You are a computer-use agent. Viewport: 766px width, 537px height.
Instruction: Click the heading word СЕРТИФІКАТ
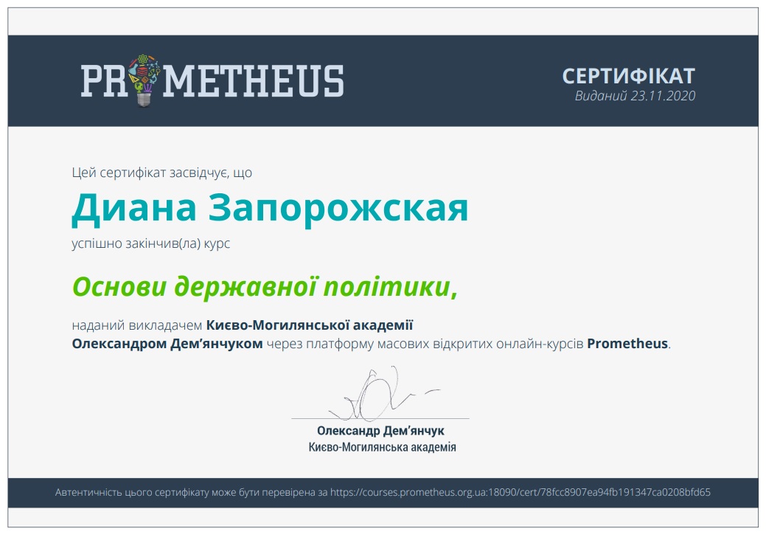628,76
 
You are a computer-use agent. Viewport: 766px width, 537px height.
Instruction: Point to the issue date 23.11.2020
663,96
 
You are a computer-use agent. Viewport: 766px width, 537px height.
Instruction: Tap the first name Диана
134,208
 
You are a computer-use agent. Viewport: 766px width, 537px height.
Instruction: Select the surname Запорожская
338,208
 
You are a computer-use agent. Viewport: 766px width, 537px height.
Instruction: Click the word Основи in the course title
119,287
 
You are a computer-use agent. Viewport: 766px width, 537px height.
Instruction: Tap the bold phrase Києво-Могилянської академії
310,325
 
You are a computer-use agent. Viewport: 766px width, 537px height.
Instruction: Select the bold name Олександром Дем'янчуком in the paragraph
167,344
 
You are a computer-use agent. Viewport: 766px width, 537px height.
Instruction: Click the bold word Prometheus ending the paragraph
627,344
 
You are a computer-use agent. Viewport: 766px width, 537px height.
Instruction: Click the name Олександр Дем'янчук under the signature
380,431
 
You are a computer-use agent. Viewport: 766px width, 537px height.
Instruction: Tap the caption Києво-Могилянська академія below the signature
382,447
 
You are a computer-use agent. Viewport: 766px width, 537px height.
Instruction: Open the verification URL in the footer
520,492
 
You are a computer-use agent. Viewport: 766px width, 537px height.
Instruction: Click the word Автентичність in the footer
88,492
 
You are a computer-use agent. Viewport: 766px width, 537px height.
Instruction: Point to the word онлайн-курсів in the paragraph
540,344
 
